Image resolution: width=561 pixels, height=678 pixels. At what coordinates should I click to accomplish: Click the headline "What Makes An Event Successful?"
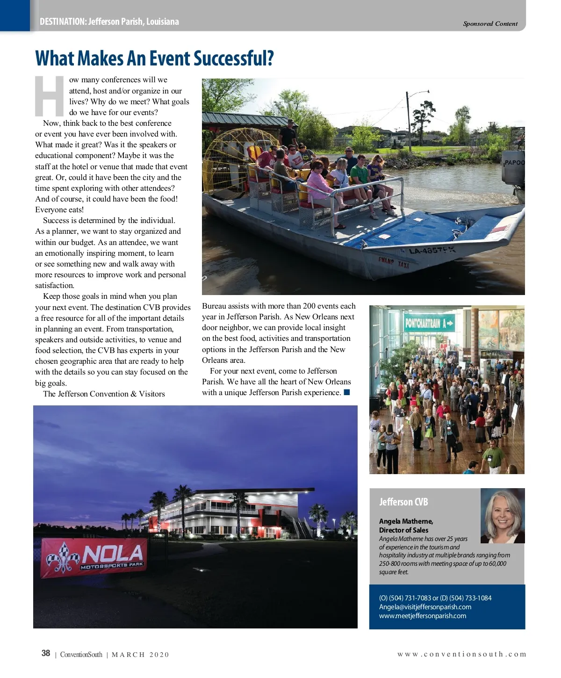tap(154, 59)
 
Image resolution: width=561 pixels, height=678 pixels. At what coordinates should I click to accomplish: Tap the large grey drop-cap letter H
tap(49, 96)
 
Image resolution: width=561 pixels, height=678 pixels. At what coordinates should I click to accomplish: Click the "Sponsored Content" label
tap(490, 24)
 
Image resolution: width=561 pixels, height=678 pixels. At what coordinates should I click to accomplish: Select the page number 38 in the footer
tap(46, 653)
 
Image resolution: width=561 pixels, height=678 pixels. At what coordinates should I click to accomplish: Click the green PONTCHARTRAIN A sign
tap(429, 323)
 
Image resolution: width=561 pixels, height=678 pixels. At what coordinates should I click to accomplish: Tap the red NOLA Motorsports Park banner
tap(94, 557)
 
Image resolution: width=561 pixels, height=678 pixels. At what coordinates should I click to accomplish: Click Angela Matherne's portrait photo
tap(502, 515)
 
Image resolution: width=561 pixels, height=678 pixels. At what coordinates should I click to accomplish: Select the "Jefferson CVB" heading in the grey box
tap(403, 502)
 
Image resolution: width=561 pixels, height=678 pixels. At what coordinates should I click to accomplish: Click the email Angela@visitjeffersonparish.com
tap(425, 607)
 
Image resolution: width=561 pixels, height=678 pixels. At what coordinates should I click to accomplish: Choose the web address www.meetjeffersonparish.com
tap(423, 616)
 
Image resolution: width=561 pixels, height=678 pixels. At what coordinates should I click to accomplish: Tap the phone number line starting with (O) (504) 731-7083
tap(435, 598)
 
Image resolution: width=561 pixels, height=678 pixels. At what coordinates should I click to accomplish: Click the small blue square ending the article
tap(347, 392)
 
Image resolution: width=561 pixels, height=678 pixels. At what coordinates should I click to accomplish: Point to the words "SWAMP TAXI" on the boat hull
tap(394, 262)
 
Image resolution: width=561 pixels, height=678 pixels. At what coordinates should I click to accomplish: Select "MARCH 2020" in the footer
tap(140, 655)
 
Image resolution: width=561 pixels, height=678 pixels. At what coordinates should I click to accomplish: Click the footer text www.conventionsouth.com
tap(461, 654)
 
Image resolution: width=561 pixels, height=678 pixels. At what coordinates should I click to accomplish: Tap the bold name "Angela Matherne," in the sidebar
tap(406, 521)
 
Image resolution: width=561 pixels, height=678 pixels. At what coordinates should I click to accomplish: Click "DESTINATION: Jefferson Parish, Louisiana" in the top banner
tap(109, 22)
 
